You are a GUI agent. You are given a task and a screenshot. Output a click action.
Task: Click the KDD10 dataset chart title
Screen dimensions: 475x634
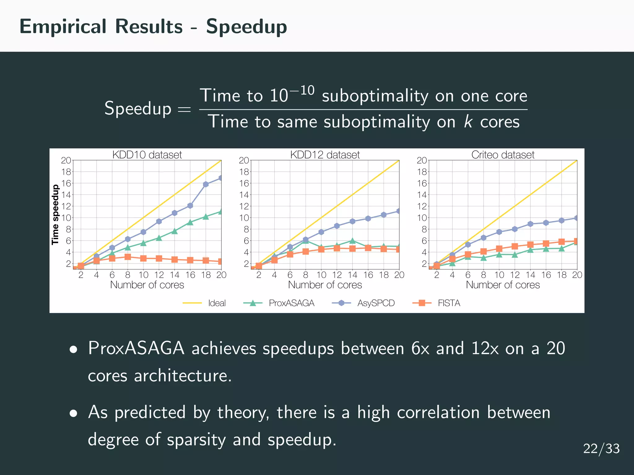tap(147, 155)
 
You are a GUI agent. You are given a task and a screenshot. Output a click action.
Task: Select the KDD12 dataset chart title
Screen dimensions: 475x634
tap(325, 155)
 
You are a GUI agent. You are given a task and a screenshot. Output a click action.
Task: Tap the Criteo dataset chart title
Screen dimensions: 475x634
tap(503, 155)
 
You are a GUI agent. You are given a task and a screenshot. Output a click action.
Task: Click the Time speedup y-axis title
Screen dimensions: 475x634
tap(55, 215)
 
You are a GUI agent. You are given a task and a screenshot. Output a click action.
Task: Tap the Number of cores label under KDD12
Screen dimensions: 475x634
tap(325, 285)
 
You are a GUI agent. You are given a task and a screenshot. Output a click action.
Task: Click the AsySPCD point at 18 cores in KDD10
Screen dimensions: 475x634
tap(206, 184)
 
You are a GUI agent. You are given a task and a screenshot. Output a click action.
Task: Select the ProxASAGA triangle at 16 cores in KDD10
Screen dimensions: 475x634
tap(190, 222)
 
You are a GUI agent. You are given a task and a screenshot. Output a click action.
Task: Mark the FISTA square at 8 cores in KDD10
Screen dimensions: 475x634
tap(128, 257)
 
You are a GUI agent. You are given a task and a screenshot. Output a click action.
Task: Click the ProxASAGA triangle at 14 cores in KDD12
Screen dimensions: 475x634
tap(352, 241)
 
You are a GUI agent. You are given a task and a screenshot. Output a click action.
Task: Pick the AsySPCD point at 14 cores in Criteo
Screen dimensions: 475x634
tap(530, 224)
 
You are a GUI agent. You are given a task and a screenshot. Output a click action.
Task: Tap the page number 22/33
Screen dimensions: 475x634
tap(601, 449)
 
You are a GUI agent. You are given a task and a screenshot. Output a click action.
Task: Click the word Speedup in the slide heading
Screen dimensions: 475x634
tap(246, 27)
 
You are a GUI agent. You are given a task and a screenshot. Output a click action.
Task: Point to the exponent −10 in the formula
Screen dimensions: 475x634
tap(302, 91)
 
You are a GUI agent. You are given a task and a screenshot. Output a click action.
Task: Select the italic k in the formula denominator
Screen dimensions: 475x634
tap(468, 122)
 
